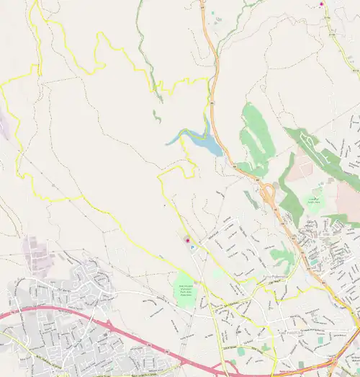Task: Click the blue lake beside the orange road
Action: [209, 146]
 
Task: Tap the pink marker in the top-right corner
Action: [322, 4]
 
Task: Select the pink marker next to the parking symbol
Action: [188, 240]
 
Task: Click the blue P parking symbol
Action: [194, 247]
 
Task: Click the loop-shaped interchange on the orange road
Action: [267, 192]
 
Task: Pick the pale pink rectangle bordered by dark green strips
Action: [301, 170]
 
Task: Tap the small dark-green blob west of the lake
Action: [156, 115]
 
